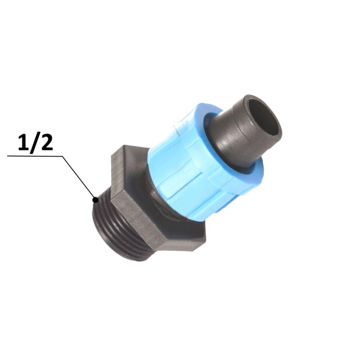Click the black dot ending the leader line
pos(95,200)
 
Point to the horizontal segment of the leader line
pos(35,156)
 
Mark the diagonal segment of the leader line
pos(79,178)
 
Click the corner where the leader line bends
pos(63,157)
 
